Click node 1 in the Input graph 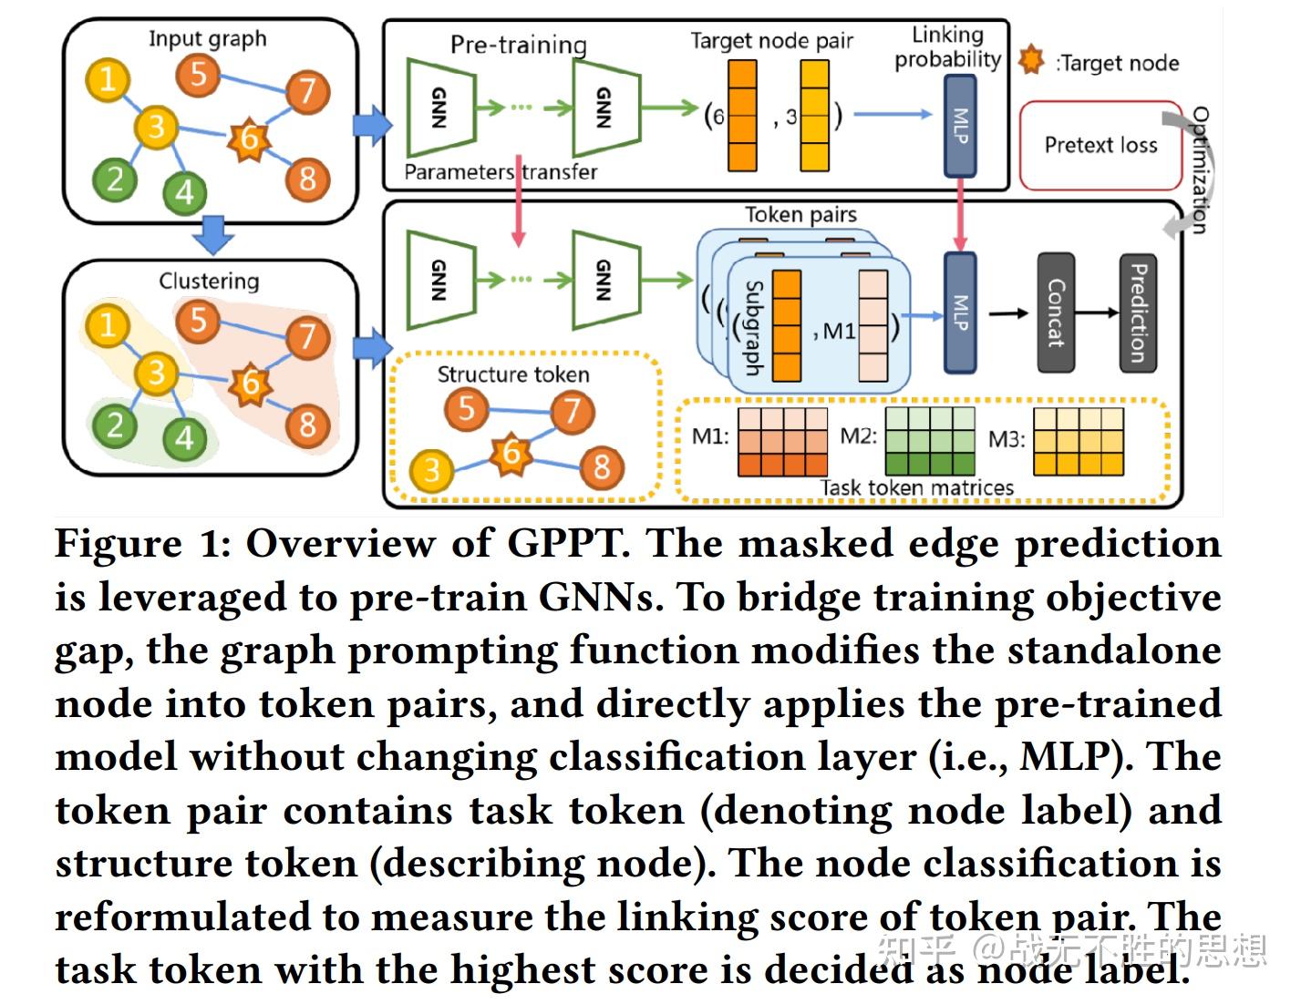point(108,79)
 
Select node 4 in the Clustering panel point(184,437)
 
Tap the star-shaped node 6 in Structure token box point(511,453)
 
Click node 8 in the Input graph point(307,179)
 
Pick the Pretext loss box point(1100,145)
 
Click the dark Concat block point(1056,313)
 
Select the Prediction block point(1138,313)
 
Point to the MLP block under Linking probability point(959,126)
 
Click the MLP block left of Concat point(959,313)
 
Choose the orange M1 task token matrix point(782,441)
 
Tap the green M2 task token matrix point(929,441)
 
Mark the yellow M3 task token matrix point(1079,441)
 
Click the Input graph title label point(208,38)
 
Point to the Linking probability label point(947,47)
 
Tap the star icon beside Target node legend point(1031,60)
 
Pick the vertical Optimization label point(1201,170)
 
